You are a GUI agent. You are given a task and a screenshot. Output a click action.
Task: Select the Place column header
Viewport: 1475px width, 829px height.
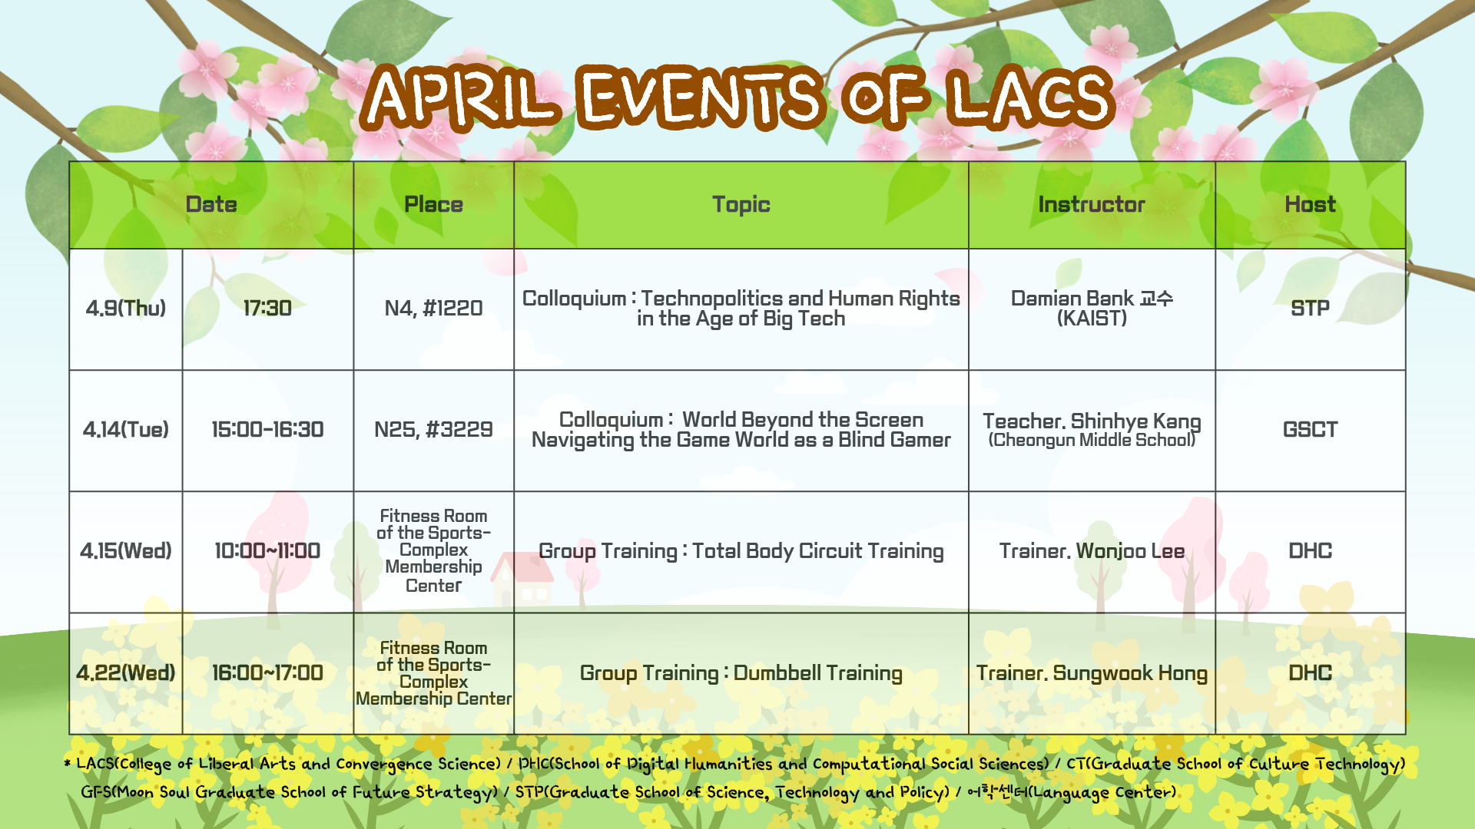433,204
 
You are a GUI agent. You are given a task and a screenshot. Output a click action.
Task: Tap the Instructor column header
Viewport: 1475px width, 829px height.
1092,204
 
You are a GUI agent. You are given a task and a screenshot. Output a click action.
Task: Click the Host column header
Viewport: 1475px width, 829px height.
1310,204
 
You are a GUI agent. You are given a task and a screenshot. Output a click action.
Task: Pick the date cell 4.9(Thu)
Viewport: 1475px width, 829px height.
126,309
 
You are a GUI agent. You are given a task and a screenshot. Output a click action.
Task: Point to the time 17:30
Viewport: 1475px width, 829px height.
267,309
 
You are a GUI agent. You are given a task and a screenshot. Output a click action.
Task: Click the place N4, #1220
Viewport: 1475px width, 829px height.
433,309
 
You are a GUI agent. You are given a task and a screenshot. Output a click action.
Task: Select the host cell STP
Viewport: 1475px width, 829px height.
1310,309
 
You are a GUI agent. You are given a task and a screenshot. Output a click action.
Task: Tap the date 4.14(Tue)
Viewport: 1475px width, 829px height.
126,430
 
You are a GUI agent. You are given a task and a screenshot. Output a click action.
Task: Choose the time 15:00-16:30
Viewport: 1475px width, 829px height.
267,430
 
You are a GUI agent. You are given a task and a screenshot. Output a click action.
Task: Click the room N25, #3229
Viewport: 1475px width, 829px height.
433,430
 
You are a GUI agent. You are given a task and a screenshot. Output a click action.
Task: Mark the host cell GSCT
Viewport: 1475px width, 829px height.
1310,430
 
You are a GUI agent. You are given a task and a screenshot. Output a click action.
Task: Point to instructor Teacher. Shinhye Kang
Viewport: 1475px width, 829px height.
1092,421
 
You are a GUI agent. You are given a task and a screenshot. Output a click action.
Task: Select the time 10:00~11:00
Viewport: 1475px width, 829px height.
267,551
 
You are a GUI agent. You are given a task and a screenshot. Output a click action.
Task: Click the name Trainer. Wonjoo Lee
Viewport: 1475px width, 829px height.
1092,551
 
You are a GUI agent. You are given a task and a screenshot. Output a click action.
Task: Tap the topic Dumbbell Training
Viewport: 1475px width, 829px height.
817,673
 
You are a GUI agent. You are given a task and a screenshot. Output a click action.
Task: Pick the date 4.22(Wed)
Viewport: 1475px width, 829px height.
126,673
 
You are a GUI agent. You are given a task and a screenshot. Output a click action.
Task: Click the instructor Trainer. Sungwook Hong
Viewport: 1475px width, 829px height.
1092,673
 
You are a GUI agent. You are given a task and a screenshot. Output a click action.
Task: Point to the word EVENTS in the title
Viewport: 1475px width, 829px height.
700,97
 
